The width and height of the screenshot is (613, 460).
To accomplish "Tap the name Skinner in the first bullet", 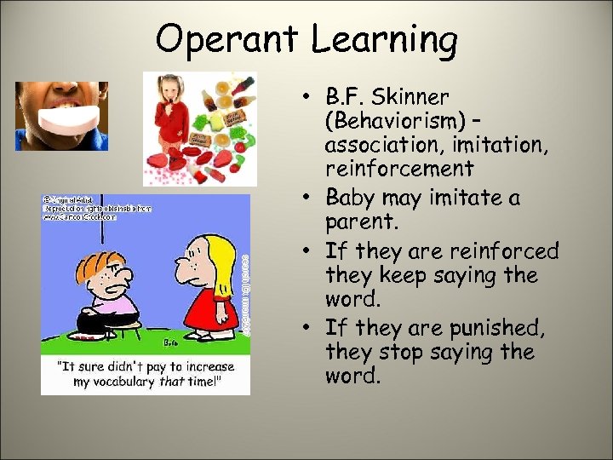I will tap(411, 96).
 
